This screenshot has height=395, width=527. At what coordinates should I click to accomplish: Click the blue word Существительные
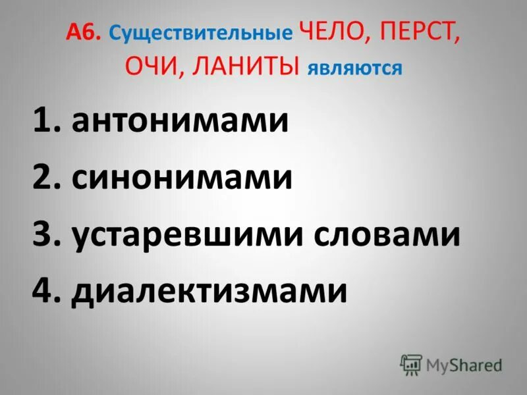point(200,34)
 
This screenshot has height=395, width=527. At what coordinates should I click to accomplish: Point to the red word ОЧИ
point(149,66)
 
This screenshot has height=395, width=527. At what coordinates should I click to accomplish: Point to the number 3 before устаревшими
point(43,234)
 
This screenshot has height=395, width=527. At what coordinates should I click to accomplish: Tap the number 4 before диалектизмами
point(43,290)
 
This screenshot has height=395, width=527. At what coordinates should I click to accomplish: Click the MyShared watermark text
point(464,364)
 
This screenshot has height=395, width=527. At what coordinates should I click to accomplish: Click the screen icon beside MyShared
point(410,364)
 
